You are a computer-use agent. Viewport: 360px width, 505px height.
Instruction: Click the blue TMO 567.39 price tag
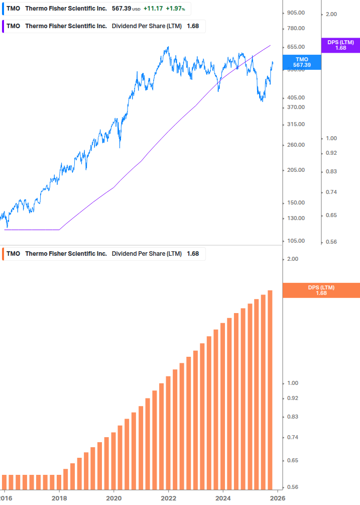tap(302, 62)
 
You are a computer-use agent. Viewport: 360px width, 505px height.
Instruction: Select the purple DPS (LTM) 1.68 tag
tap(340, 45)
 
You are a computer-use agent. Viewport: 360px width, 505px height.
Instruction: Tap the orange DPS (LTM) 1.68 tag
tap(321, 290)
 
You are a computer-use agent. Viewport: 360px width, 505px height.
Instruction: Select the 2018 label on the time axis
tap(59, 498)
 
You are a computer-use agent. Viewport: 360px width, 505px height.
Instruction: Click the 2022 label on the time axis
tap(168, 498)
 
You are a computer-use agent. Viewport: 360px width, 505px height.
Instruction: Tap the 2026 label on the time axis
tap(277, 498)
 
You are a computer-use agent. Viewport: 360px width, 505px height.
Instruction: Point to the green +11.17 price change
tap(153, 9)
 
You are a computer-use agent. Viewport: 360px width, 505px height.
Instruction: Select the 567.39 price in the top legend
tap(121, 9)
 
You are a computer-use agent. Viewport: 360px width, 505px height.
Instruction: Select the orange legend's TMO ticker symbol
tap(14, 254)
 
